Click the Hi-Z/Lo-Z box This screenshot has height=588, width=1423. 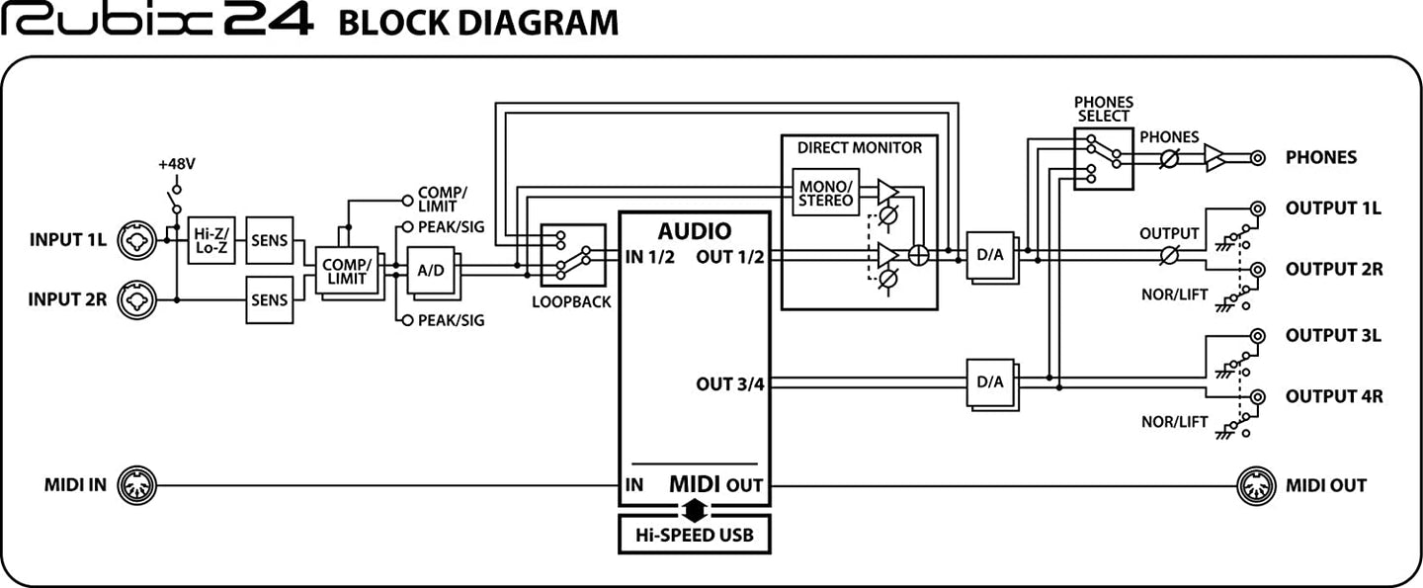pyautogui.click(x=211, y=240)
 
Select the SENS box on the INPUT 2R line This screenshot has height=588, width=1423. pyautogui.click(x=270, y=299)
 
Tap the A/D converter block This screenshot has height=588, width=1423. pyautogui.click(x=431, y=270)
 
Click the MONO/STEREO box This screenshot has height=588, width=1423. pyautogui.click(x=826, y=193)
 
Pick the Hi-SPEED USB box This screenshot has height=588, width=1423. pyautogui.click(x=695, y=535)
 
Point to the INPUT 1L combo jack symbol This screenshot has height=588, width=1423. pyautogui.click(x=136, y=240)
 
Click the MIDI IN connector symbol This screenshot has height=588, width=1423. pyautogui.click(x=136, y=486)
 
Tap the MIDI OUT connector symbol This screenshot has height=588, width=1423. pyautogui.click(x=1256, y=486)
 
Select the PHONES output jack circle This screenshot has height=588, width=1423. pyautogui.click(x=1257, y=158)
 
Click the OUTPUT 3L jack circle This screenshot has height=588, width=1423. pyautogui.click(x=1257, y=336)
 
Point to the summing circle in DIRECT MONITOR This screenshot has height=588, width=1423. pyautogui.click(x=919, y=255)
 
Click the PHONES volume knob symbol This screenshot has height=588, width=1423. pyautogui.click(x=1169, y=158)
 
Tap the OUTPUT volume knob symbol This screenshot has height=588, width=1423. pyautogui.click(x=1169, y=255)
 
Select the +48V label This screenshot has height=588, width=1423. pyautogui.click(x=177, y=164)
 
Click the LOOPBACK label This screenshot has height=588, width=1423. pyautogui.click(x=571, y=301)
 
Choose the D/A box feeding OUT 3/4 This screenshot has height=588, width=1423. pyautogui.click(x=991, y=382)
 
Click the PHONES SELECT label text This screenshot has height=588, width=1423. pyautogui.click(x=1104, y=110)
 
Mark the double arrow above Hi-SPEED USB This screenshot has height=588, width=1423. pyautogui.click(x=695, y=510)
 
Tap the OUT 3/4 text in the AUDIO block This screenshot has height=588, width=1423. pyautogui.click(x=730, y=384)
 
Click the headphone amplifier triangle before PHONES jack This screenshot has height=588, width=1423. pyautogui.click(x=1214, y=158)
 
